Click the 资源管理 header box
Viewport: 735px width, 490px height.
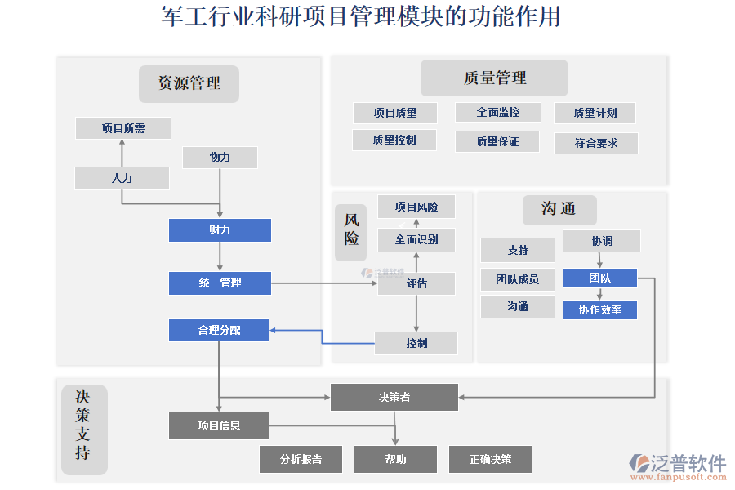pyautogui.click(x=189, y=83)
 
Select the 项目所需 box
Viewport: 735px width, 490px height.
pyautogui.click(x=123, y=128)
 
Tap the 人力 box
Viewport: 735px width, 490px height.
pyautogui.click(x=122, y=178)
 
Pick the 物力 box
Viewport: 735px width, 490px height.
pyautogui.click(x=220, y=158)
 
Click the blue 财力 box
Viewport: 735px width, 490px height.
pyautogui.click(x=220, y=230)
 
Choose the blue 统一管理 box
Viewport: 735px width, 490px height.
pyautogui.click(x=220, y=283)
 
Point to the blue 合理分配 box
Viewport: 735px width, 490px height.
pyautogui.click(x=219, y=331)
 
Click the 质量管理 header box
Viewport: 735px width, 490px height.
pyautogui.click(x=494, y=78)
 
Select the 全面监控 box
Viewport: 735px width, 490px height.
pyautogui.click(x=497, y=113)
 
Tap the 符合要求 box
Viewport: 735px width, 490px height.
pyautogui.click(x=595, y=143)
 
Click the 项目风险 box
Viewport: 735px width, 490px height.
pyautogui.click(x=416, y=207)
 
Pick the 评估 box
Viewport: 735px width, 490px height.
pyautogui.click(x=416, y=284)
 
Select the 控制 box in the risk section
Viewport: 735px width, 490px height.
pyautogui.click(x=416, y=343)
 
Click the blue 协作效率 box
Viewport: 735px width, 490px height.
pyautogui.click(x=599, y=310)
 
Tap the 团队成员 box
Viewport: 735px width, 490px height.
pyautogui.click(x=517, y=279)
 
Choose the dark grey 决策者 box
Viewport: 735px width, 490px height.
pyautogui.click(x=394, y=398)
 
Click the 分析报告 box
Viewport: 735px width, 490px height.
pyautogui.click(x=301, y=459)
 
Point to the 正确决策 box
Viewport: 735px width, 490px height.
pyautogui.click(x=490, y=459)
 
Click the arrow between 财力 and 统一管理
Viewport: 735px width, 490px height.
pyautogui.click(x=220, y=256)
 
